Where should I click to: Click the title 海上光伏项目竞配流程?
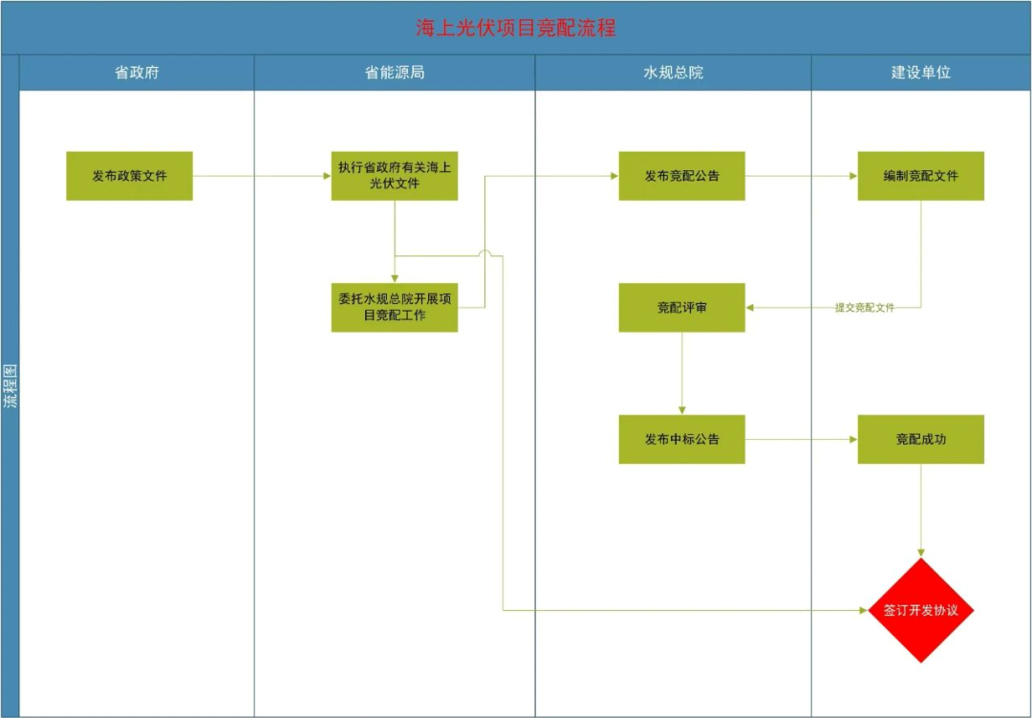[516, 28]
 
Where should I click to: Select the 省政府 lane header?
[137, 73]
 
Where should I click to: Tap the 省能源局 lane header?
[395, 73]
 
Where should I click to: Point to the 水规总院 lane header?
[674, 73]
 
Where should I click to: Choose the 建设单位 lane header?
[921, 73]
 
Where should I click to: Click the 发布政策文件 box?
[129, 176]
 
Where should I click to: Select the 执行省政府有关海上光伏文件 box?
[395, 176]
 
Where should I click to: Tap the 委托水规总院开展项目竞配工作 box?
[395, 307]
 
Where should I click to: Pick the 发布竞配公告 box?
[681, 176]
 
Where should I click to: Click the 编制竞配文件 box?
[920, 176]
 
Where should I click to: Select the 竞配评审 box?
[681, 308]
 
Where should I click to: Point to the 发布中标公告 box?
[681, 439]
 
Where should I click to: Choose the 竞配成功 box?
[920, 439]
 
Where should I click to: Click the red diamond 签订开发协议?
[920, 610]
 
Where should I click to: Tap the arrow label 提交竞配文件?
[865, 308]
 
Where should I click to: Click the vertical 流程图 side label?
[10, 387]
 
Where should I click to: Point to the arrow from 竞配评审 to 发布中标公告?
[681, 373]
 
